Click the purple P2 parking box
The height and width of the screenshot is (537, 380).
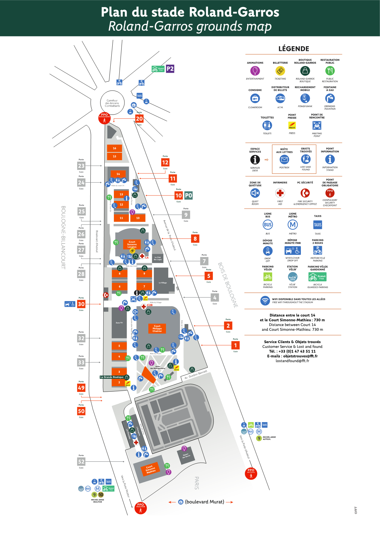coord(170,69)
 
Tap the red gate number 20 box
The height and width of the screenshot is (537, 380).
coord(139,119)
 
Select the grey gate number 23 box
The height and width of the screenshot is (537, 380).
coord(81,166)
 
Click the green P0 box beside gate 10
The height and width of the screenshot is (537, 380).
coord(189,195)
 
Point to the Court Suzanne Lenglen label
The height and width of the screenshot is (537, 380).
coord(132,244)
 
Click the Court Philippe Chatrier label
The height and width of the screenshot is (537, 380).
coord(157,328)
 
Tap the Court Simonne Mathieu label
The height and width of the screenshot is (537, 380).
coord(150,469)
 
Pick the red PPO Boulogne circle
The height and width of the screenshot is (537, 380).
coord(104,118)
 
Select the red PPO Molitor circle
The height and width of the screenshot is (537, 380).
coord(140,508)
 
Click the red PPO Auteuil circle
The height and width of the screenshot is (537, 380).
coord(251,474)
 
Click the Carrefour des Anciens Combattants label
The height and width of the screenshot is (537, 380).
coord(112,103)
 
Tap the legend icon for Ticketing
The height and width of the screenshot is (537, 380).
coord(280,71)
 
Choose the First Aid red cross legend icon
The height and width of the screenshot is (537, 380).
coord(280,193)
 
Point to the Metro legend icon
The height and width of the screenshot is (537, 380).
coord(293,225)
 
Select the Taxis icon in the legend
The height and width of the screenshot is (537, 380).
coord(317,225)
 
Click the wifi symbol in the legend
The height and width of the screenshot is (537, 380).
coord(265,300)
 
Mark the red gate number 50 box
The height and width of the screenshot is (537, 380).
coord(81,411)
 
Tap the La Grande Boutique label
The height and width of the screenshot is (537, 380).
coord(112,377)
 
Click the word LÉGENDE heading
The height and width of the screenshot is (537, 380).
coord(294,49)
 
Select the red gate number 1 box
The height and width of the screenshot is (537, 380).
coord(235,345)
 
